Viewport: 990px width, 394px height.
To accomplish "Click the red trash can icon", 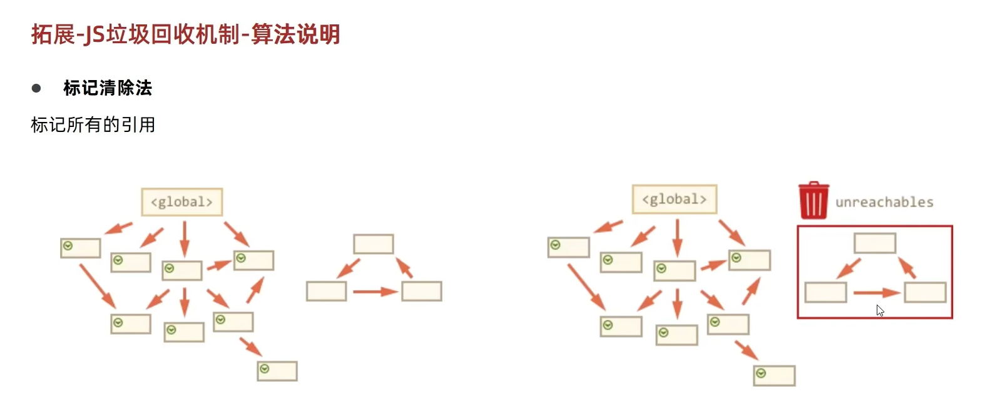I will [814, 200].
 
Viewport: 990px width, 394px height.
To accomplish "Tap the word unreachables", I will [884, 202].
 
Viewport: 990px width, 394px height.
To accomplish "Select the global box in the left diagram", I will [181, 202].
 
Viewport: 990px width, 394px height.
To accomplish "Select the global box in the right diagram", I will [674, 200].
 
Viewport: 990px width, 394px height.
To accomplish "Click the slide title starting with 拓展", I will [186, 34].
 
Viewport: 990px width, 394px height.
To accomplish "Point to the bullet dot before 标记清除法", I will [36, 88].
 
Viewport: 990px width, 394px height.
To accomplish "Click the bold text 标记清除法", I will [108, 88].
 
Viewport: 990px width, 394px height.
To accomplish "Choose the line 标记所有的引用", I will [93, 125].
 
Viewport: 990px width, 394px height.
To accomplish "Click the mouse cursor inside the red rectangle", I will [880, 310].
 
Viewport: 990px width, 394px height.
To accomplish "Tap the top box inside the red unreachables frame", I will [875, 243].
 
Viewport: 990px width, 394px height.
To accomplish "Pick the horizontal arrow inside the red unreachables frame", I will [876, 292].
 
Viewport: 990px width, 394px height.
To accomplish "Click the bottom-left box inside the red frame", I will [825, 292].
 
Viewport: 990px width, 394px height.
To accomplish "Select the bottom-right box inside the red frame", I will [925, 292].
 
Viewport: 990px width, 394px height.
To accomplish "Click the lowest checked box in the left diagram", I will [277, 371].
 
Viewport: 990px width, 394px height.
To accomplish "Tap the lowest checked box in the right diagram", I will [774, 375].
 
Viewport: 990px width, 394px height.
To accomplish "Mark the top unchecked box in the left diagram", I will [374, 244].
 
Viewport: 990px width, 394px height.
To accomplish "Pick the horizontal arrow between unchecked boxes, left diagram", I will [375, 291].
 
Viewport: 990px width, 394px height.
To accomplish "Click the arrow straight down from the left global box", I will [184, 238].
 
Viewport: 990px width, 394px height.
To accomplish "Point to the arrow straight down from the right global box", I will [676, 237].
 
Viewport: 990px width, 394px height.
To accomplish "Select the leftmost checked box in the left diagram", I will [81, 248].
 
